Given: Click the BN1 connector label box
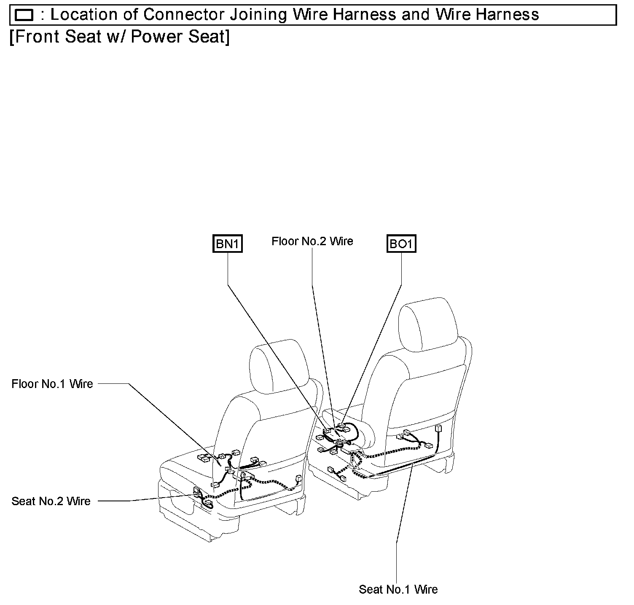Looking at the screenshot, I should point(228,244).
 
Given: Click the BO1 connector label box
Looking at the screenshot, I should point(401,244).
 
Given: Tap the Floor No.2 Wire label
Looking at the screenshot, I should point(312,241).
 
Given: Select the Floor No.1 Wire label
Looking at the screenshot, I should point(52,384).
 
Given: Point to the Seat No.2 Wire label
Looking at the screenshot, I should point(51,501).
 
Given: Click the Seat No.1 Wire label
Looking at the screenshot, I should point(398,589).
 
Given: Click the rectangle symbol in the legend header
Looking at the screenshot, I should point(24,16).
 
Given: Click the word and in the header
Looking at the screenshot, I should point(416,15).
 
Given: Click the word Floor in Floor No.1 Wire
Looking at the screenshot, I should point(25,384).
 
